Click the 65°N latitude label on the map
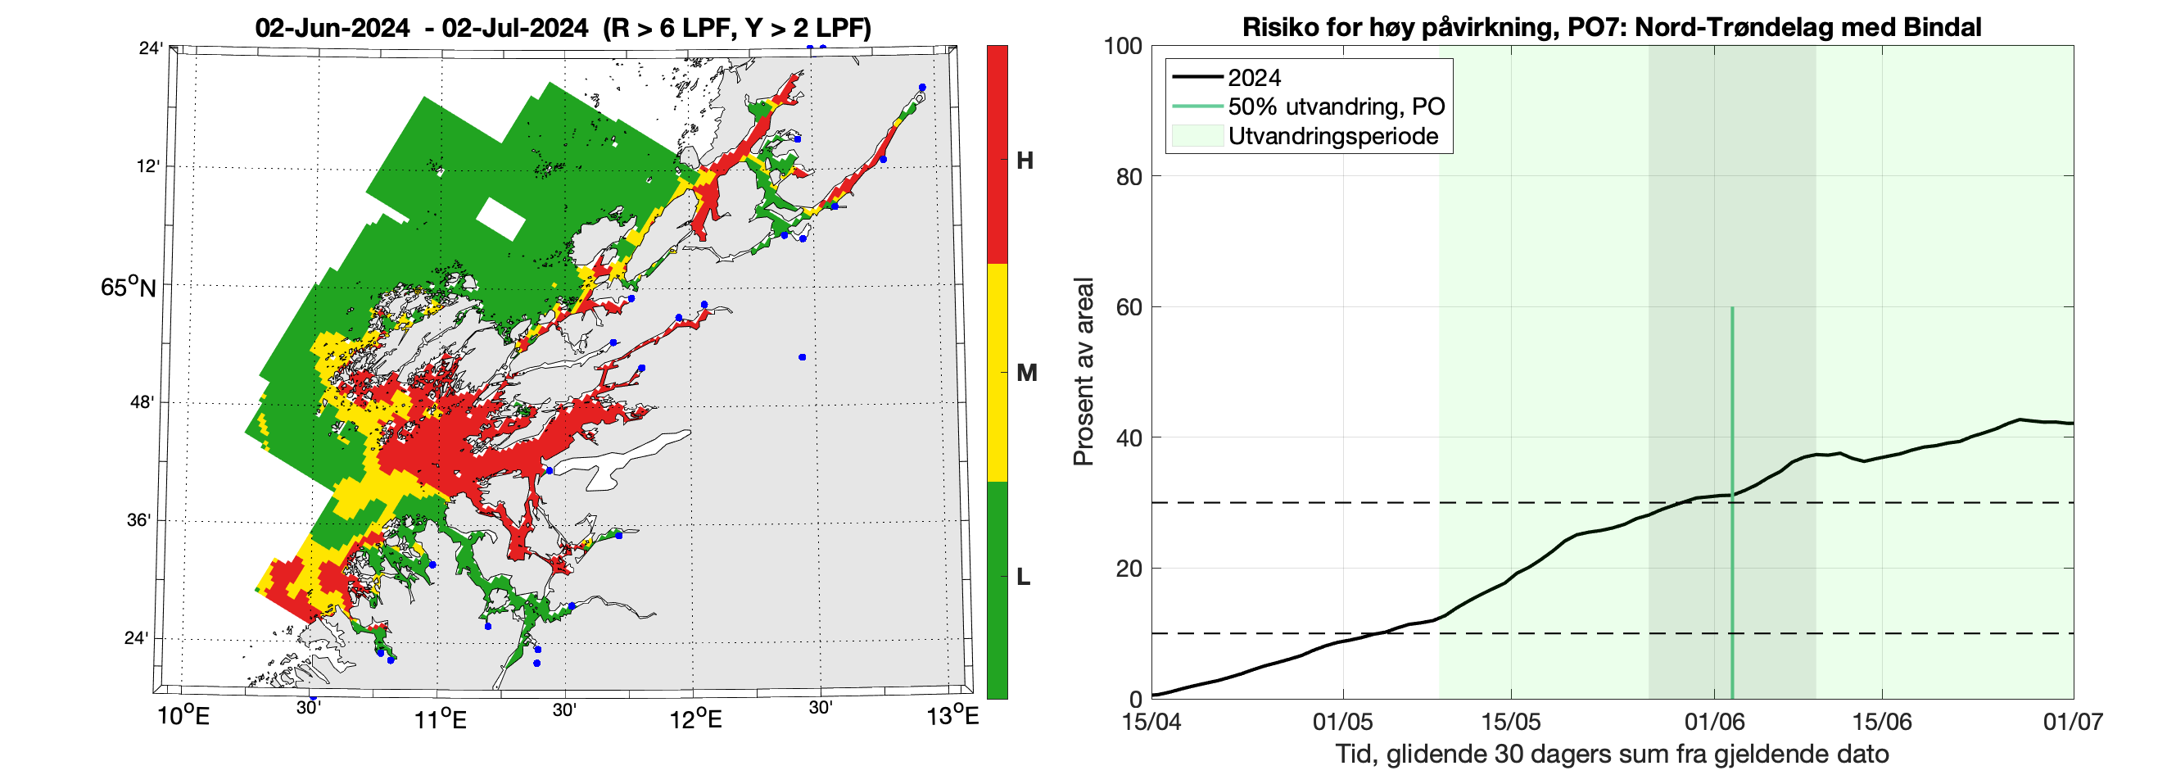point(129,288)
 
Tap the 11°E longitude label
point(441,719)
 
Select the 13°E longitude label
point(952,718)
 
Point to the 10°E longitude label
point(183,718)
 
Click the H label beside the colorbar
point(1025,161)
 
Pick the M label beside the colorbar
point(1026,373)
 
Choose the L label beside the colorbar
point(1023,578)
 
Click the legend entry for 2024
point(1254,78)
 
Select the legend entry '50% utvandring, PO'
point(1336,107)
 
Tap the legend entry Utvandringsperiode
point(1332,136)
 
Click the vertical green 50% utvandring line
point(1732,507)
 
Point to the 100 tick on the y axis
point(1123,47)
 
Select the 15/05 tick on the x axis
point(1511,722)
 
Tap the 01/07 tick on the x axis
point(2073,722)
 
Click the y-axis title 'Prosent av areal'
point(1083,372)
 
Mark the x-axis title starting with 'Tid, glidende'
point(1612,754)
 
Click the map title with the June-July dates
point(563,28)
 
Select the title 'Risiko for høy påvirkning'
point(1611,27)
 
